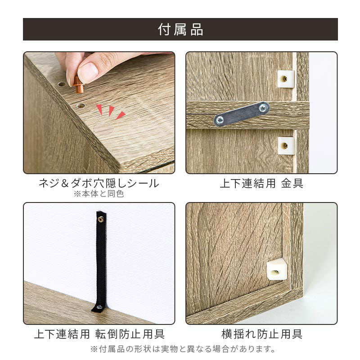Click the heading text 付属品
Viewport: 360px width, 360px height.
tap(180, 29)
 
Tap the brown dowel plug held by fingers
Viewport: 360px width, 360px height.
tap(79, 85)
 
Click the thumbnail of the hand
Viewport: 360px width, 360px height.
tap(88, 71)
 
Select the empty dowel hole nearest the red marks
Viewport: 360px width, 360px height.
tap(81, 106)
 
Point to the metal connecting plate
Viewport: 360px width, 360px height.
tap(242, 114)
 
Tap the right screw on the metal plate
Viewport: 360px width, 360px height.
tap(263, 108)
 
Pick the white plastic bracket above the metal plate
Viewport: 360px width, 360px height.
tap(286, 79)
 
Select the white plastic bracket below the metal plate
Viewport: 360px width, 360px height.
tap(286, 145)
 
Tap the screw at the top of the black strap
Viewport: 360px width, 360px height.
tap(101, 219)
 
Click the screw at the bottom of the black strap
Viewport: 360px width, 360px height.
tap(99, 306)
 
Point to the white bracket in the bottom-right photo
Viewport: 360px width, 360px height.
tap(277, 269)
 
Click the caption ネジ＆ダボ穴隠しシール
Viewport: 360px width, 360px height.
tap(99, 183)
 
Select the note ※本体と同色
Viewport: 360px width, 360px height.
tap(99, 194)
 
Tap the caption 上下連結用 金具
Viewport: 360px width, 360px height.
tap(261, 183)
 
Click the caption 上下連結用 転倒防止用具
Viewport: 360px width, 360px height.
tap(99, 334)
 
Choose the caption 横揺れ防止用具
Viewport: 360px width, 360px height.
tap(262, 334)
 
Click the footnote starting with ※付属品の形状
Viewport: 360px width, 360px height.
tap(183, 349)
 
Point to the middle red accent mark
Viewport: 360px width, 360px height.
tap(111, 111)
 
